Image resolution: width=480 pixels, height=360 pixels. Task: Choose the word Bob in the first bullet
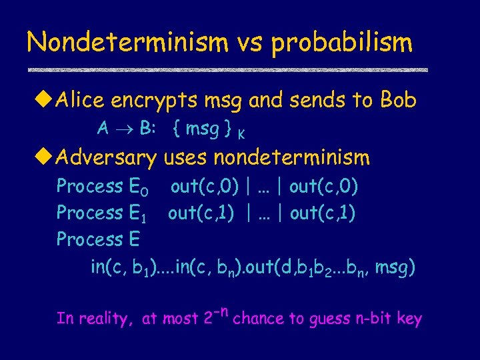coord(398,101)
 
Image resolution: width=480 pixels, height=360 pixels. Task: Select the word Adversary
coord(107,158)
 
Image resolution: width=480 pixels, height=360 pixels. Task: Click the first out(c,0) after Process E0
coord(205,186)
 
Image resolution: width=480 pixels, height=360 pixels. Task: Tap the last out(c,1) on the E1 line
coord(323,213)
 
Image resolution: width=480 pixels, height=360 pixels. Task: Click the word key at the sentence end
coord(409,319)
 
